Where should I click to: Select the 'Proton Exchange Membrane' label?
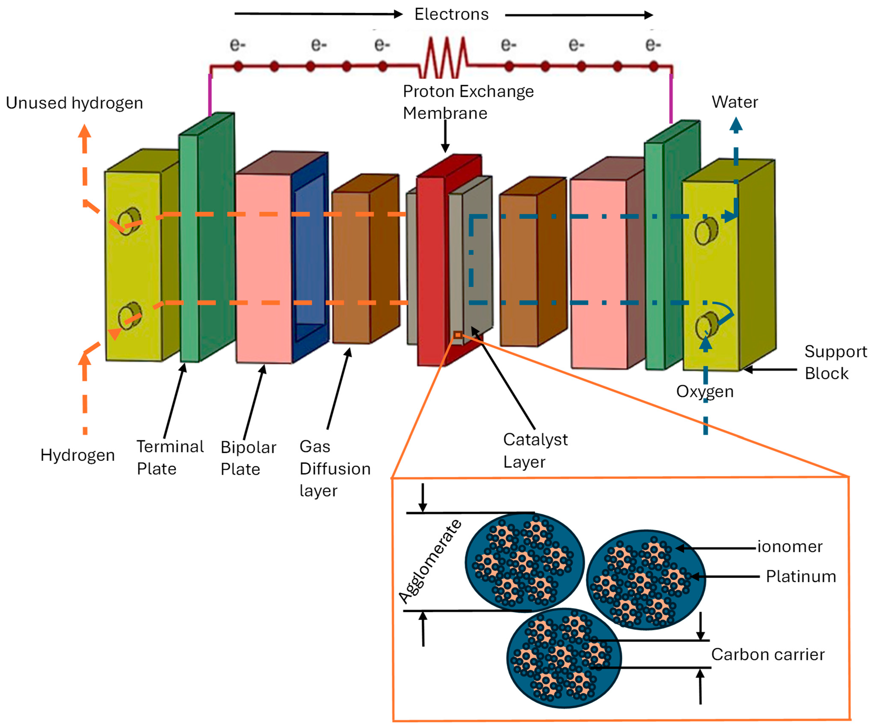(468, 102)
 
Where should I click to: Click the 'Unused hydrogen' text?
(74, 103)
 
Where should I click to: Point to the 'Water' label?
(735, 102)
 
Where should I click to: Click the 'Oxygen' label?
(705, 392)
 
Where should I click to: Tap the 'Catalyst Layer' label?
(535, 450)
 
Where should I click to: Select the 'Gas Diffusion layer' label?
(335, 469)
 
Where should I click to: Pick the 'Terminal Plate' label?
(170, 457)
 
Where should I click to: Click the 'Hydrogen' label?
(78, 455)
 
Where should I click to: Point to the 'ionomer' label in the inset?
(790, 547)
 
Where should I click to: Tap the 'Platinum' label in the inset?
(800, 577)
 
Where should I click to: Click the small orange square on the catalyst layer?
(458, 335)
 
